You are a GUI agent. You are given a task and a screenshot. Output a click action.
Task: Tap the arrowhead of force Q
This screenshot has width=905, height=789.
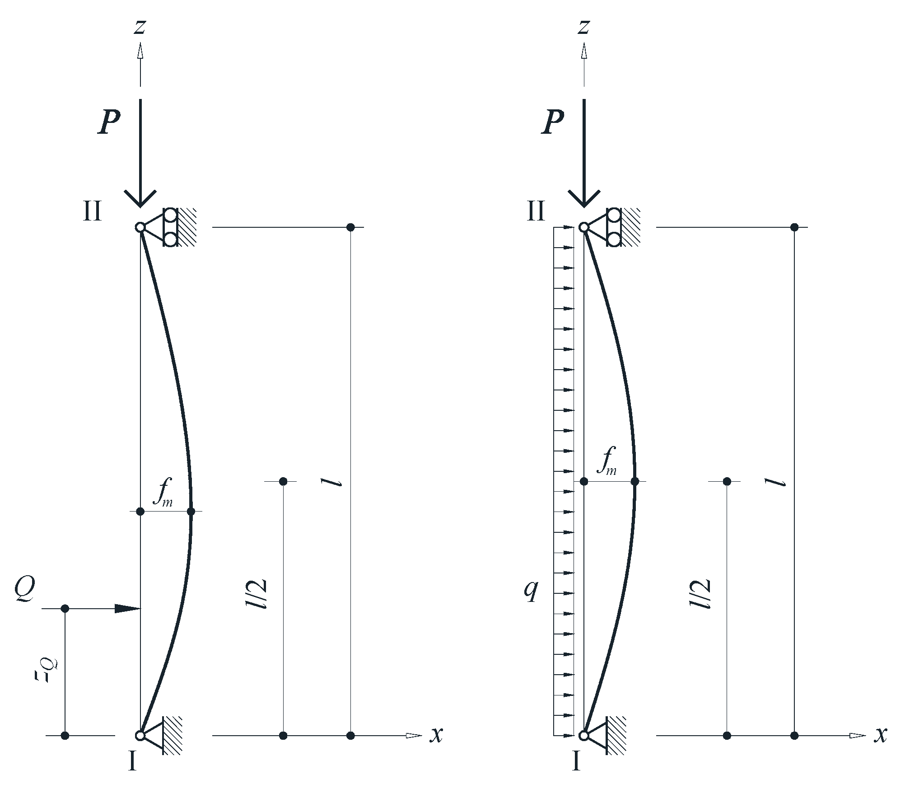coord(128,609)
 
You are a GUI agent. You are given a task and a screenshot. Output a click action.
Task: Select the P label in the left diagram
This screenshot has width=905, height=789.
coord(109,122)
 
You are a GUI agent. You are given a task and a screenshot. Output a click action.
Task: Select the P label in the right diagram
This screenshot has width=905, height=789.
coord(553,122)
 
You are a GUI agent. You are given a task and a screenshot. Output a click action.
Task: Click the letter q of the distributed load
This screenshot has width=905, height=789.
coord(531,590)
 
